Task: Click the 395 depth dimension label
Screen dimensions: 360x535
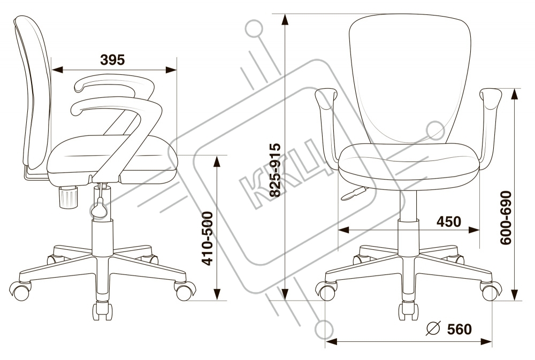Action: tap(113, 60)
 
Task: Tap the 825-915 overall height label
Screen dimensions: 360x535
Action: tap(275, 171)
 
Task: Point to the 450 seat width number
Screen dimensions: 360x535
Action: tap(448, 221)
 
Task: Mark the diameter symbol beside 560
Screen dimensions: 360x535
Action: tap(434, 329)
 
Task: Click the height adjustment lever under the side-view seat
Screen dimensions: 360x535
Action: tap(100, 206)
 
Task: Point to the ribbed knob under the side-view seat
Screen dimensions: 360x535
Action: tap(69, 197)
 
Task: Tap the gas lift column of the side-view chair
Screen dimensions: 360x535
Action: tap(103, 235)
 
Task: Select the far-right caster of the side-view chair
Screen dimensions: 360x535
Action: tap(185, 292)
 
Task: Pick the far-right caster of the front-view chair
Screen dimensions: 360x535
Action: tap(491, 292)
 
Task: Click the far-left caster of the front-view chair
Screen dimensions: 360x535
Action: tap(327, 292)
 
